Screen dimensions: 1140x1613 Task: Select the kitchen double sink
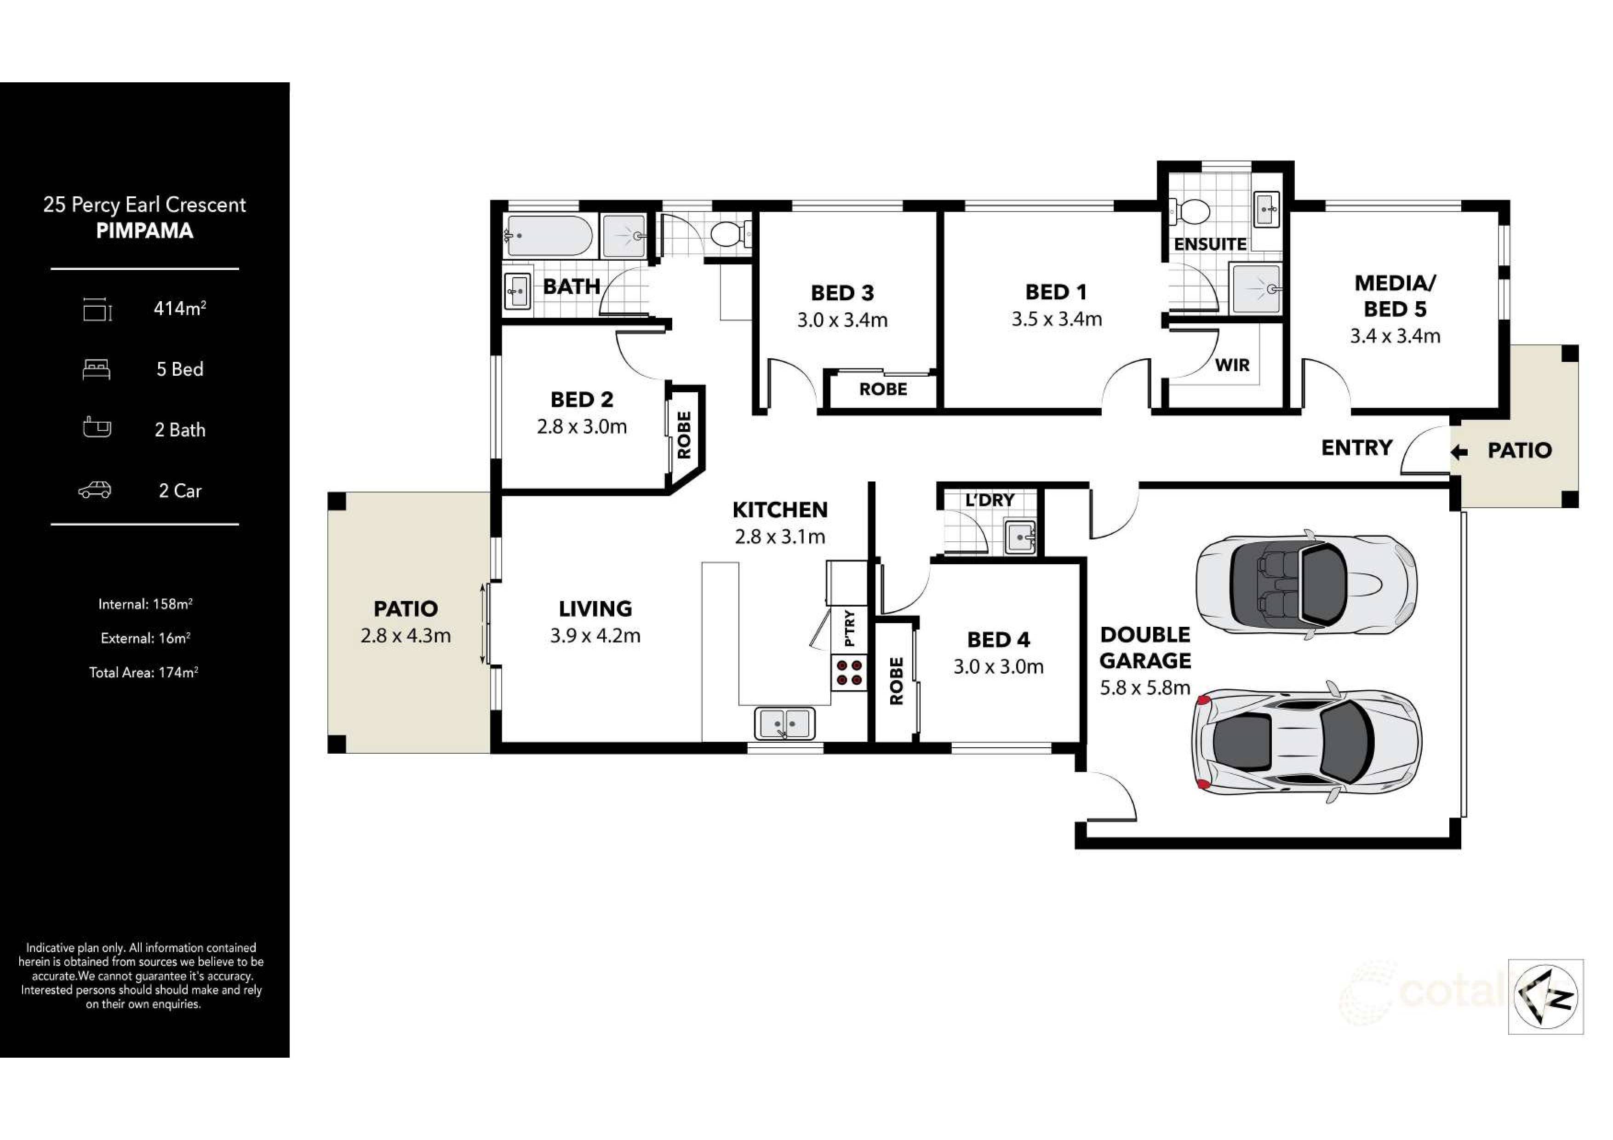click(785, 723)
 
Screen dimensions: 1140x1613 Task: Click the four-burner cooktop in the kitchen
click(849, 672)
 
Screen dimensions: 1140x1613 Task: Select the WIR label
click(1232, 365)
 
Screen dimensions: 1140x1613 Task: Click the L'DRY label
click(989, 500)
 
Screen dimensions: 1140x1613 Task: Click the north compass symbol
click(1545, 996)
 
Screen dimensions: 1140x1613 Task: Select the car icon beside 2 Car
click(94, 490)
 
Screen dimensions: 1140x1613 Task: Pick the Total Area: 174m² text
click(143, 672)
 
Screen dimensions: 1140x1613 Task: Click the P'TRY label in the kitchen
click(849, 627)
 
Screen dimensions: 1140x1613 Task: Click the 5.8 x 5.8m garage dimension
click(1144, 687)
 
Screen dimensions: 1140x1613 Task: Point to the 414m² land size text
click(180, 309)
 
